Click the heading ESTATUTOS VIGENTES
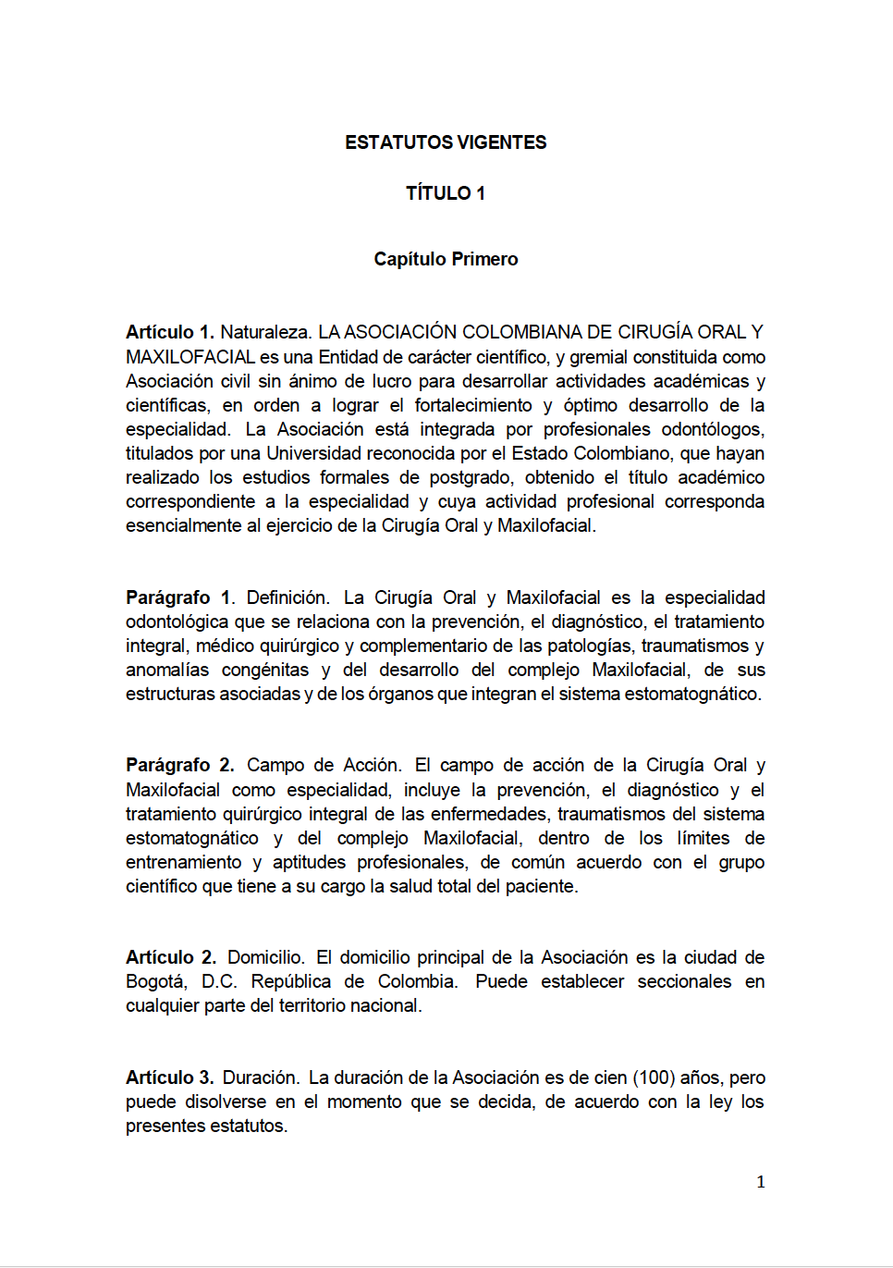point(446,142)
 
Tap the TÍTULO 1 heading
point(446,193)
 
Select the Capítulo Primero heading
point(446,259)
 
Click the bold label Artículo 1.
point(169,332)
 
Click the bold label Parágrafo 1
point(179,597)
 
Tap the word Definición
point(287,597)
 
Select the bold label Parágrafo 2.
point(179,765)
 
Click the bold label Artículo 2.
point(171,957)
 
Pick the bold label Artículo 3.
point(169,1077)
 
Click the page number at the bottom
point(761,1182)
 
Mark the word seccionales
point(684,981)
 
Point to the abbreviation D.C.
point(219,981)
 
